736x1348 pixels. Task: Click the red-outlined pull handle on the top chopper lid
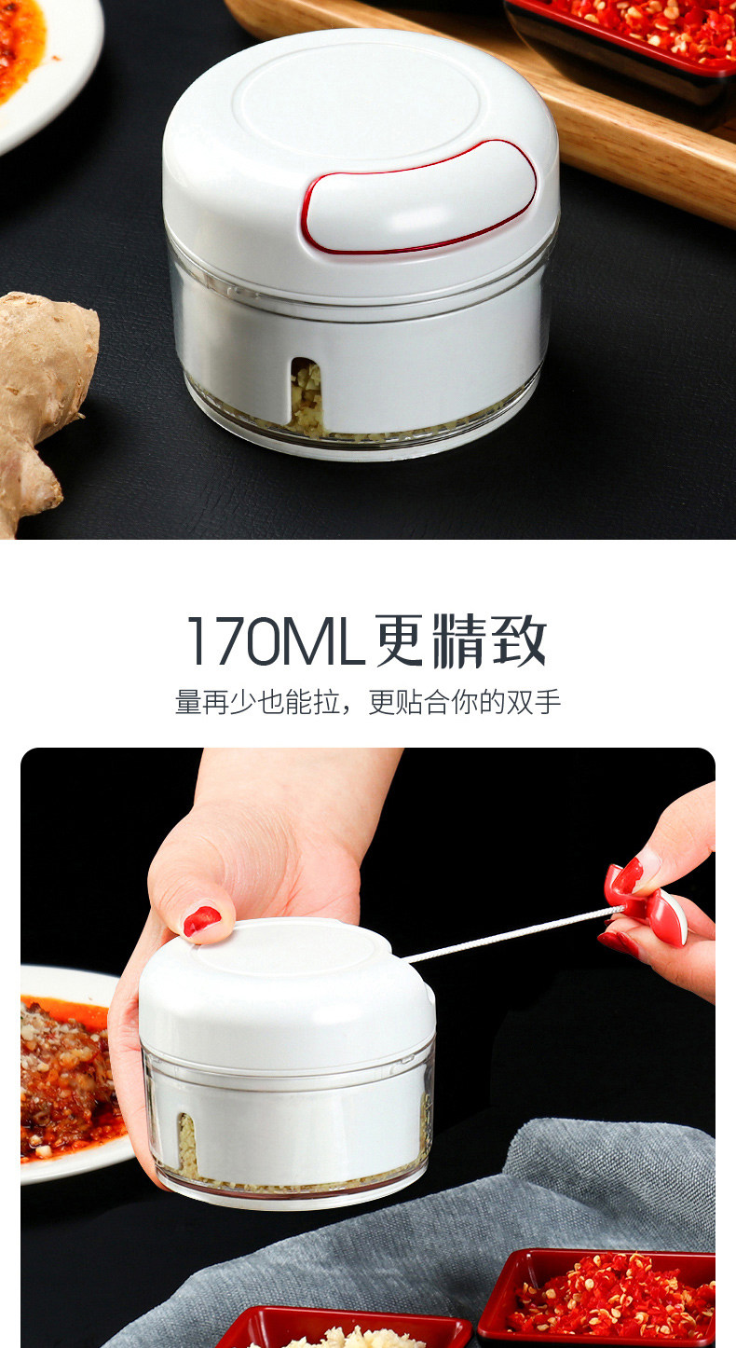420,197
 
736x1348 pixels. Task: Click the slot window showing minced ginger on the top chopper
307,397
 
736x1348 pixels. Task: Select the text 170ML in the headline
275,640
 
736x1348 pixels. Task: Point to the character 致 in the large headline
519,640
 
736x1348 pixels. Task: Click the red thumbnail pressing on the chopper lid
202,921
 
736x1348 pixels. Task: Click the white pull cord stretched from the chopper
511,934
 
